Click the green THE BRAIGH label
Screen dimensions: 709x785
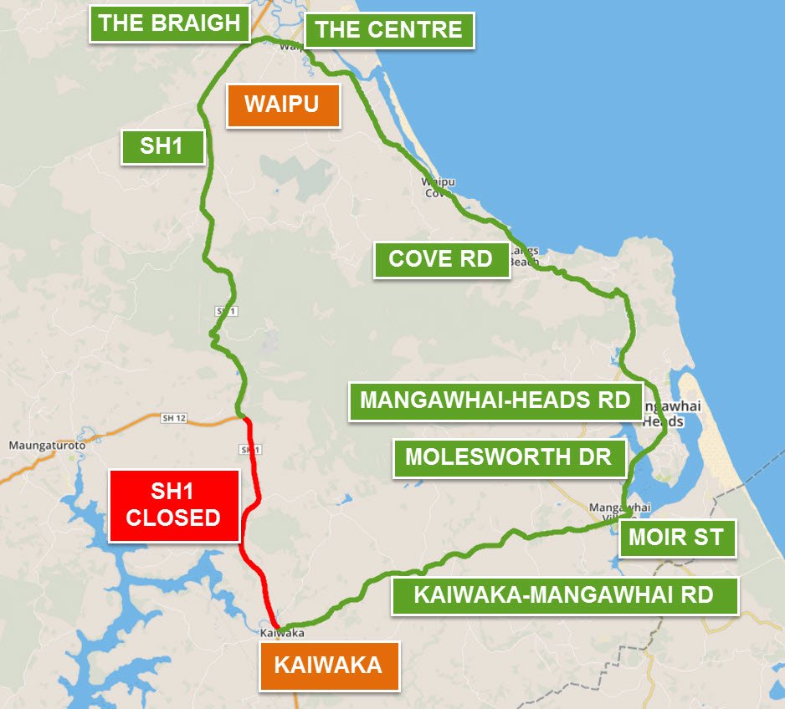point(170,23)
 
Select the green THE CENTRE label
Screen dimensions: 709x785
point(389,31)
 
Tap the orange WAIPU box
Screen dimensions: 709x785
point(283,105)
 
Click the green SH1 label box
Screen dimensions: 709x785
point(162,146)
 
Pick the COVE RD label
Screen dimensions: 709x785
point(441,259)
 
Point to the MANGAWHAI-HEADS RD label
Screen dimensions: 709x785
point(495,400)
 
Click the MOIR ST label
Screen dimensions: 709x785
point(676,537)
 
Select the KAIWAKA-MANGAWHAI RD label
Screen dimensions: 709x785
point(564,595)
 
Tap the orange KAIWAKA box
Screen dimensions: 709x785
point(328,666)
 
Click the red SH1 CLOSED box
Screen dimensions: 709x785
point(173,505)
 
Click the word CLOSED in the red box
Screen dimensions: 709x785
point(173,518)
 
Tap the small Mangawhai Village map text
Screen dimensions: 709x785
point(608,512)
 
